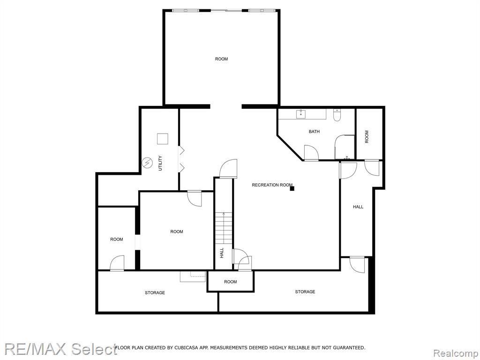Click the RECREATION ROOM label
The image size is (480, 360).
(272, 185)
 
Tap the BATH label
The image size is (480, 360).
(314, 132)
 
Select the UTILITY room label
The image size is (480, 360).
(160, 163)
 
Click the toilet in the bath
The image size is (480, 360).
(337, 115)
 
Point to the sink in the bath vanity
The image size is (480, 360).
(301, 114)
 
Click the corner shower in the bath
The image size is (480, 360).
(345, 147)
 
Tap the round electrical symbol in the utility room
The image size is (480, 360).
(147, 163)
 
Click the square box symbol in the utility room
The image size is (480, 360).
(163, 139)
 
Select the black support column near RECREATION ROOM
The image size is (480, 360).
(292, 188)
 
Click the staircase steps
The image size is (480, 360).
(224, 228)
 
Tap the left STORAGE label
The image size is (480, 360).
(155, 292)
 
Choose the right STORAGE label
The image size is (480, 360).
(305, 292)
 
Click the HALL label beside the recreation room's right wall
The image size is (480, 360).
(358, 207)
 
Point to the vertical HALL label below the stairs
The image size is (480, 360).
(222, 253)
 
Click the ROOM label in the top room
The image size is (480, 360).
(221, 59)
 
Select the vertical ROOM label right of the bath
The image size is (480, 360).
(367, 136)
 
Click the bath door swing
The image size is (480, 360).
(311, 152)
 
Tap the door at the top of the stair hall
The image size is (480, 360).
(228, 168)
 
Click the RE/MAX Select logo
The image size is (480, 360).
(60, 349)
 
